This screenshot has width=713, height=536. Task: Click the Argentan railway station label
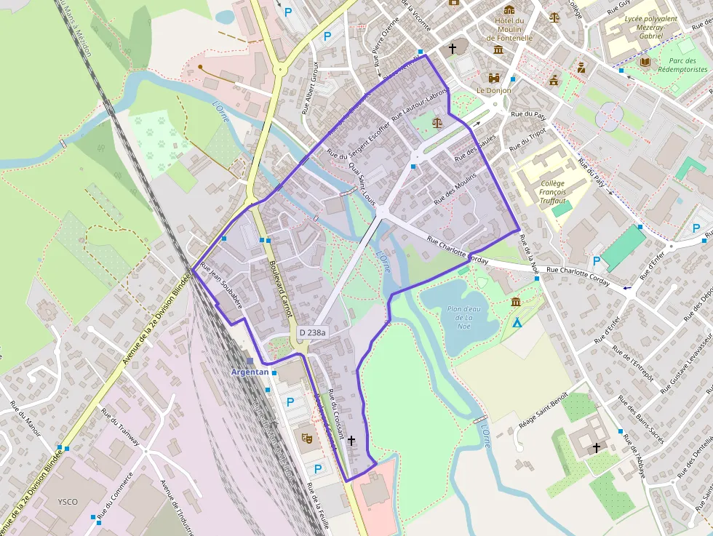click(x=250, y=372)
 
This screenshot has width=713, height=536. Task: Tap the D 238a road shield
click(x=313, y=332)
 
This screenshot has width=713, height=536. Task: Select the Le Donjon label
click(x=494, y=91)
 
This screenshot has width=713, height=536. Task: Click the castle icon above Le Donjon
click(x=495, y=77)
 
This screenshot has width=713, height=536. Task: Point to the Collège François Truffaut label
click(x=552, y=192)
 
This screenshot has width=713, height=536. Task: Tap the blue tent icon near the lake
click(x=517, y=321)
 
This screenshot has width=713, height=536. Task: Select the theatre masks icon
click(x=306, y=438)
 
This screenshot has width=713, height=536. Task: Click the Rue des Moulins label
click(x=455, y=188)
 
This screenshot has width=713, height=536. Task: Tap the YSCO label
click(x=68, y=502)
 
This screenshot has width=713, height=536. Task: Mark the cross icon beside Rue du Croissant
click(x=351, y=440)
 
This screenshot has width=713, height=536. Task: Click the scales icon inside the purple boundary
click(x=437, y=123)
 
